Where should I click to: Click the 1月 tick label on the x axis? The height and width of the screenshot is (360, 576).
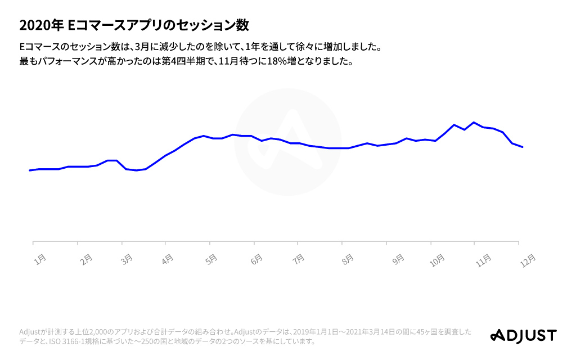40,259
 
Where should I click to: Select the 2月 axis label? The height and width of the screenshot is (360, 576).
86,259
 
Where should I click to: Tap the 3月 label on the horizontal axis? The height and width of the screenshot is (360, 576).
127,259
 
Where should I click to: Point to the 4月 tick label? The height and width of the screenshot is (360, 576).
167,259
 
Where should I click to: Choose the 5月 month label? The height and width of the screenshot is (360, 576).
211,259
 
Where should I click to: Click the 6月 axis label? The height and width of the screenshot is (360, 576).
256,259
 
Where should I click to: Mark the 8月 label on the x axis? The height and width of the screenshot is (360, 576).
348,259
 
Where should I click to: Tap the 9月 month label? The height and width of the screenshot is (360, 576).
398,259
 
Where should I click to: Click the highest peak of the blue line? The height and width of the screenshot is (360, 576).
474,122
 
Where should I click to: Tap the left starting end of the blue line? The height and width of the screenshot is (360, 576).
30,170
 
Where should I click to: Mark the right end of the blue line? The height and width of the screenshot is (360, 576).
523,147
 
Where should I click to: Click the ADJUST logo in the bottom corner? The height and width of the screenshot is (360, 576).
523,335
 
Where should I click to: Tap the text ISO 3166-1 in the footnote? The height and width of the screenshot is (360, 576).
73,341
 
